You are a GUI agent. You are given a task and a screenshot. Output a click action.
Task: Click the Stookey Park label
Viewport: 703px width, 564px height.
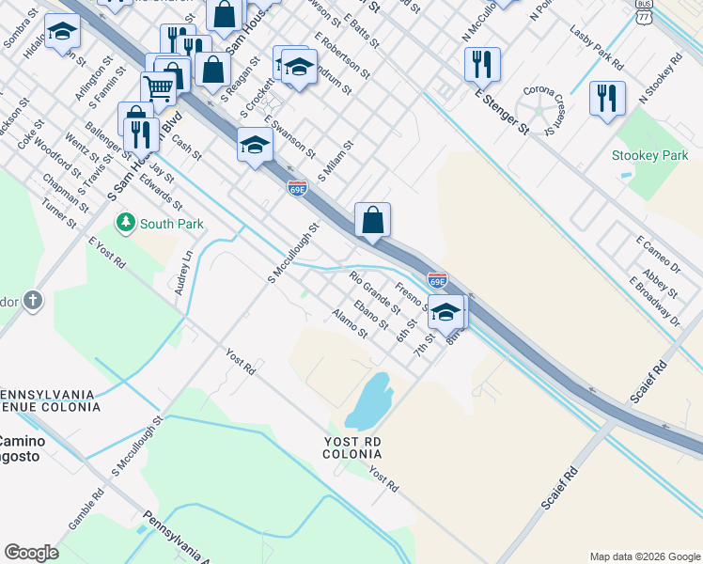(x=649, y=155)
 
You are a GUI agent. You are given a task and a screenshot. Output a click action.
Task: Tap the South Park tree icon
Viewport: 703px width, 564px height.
(x=124, y=223)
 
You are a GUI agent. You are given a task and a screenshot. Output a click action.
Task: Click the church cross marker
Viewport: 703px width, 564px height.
(x=33, y=301)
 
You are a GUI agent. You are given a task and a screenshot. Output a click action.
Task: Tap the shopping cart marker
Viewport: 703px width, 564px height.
(x=159, y=89)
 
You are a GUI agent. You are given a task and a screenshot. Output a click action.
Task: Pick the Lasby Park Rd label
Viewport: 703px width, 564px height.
(x=597, y=47)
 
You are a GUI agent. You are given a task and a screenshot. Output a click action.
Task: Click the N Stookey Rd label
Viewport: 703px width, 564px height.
(x=658, y=80)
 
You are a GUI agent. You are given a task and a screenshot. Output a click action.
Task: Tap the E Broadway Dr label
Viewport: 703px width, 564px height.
(x=654, y=302)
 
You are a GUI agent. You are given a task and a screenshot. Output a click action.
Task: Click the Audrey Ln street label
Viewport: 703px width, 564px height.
(x=183, y=273)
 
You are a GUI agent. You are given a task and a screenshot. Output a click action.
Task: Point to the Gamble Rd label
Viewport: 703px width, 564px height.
(x=86, y=508)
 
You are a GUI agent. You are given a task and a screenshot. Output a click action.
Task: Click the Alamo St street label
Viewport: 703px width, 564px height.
(x=350, y=324)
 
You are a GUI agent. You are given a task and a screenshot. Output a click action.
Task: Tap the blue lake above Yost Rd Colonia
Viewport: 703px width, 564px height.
(x=369, y=399)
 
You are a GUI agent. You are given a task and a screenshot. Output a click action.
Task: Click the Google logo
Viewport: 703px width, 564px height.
(x=31, y=553)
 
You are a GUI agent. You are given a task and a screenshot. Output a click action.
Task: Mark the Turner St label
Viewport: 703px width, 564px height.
(x=58, y=211)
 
